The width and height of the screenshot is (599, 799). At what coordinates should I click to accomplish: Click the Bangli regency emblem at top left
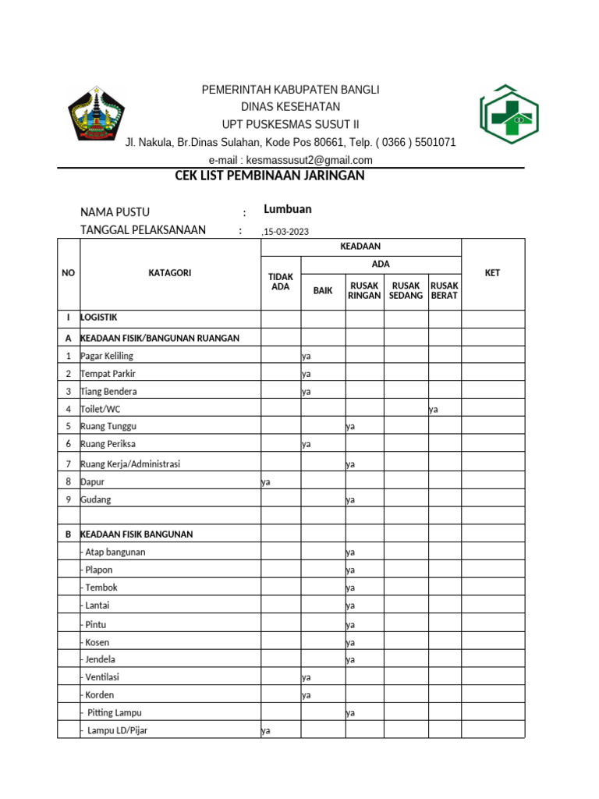click(95, 114)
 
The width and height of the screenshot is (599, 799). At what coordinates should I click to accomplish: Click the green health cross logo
click(509, 116)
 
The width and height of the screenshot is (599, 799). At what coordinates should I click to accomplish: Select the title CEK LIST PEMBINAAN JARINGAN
click(271, 176)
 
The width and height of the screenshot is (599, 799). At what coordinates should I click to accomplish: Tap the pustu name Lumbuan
click(288, 209)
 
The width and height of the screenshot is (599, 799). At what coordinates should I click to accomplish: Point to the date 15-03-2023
click(287, 231)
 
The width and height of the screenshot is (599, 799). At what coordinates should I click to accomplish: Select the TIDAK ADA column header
click(280, 282)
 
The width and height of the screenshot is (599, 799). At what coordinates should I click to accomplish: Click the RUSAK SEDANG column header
click(406, 291)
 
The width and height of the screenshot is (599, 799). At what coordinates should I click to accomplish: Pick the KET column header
click(492, 273)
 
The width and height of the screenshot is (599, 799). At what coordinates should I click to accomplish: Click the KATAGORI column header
click(169, 273)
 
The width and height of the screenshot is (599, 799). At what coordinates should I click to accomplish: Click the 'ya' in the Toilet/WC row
click(434, 409)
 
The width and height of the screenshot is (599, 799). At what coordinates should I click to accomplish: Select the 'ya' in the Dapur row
click(265, 482)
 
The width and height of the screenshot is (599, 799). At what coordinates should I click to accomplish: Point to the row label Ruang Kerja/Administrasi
click(130, 464)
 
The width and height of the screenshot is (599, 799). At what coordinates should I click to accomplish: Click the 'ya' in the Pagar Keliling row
click(307, 356)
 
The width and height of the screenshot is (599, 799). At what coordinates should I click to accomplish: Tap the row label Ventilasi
click(101, 677)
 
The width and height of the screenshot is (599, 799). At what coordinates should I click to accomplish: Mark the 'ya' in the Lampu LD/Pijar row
click(265, 730)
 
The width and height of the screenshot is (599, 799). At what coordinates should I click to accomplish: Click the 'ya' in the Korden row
click(307, 694)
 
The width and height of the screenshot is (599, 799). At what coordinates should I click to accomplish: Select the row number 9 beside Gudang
click(69, 499)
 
